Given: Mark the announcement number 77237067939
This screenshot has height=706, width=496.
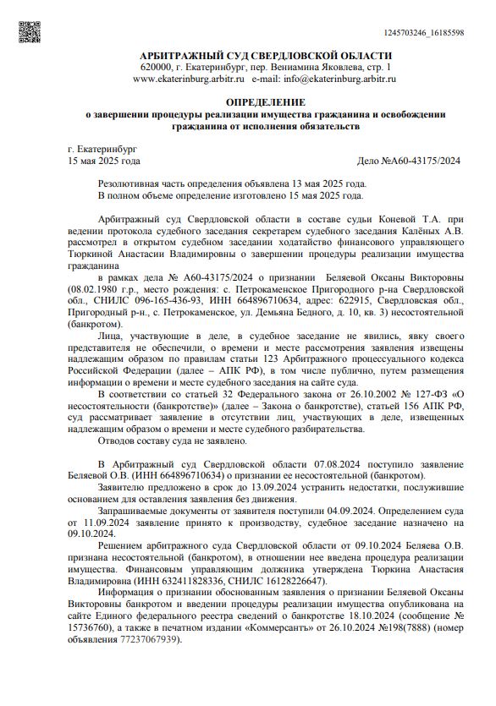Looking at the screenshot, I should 148,640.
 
